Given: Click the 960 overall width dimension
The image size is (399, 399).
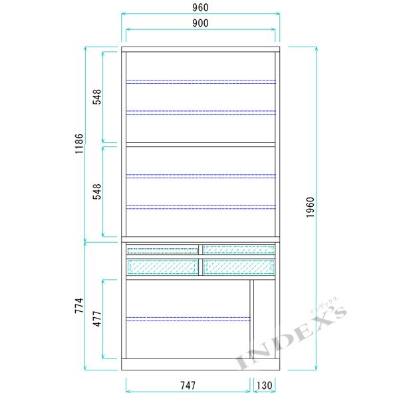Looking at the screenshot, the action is pyautogui.click(x=200, y=8).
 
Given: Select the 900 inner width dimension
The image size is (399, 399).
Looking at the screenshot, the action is pyautogui.click(x=200, y=23).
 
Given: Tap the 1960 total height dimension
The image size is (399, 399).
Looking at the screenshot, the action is pyautogui.click(x=311, y=207).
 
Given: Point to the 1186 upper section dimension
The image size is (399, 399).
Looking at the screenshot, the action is pyautogui.click(x=79, y=143).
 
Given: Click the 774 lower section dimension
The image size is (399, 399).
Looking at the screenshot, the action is pyautogui.click(x=79, y=305).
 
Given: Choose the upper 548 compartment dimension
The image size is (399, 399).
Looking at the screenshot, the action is pyautogui.click(x=97, y=96).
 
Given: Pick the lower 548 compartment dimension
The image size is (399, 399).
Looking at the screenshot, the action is pyautogui.click(x=97, y=192).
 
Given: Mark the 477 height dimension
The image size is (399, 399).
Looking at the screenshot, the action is pyautogui.click(x=97, y=319).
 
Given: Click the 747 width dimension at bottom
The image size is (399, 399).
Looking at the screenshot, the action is pyautogui.click(x=188, y=386).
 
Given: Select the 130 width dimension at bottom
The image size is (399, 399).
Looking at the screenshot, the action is pyautogui.click(x=265, y=386).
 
